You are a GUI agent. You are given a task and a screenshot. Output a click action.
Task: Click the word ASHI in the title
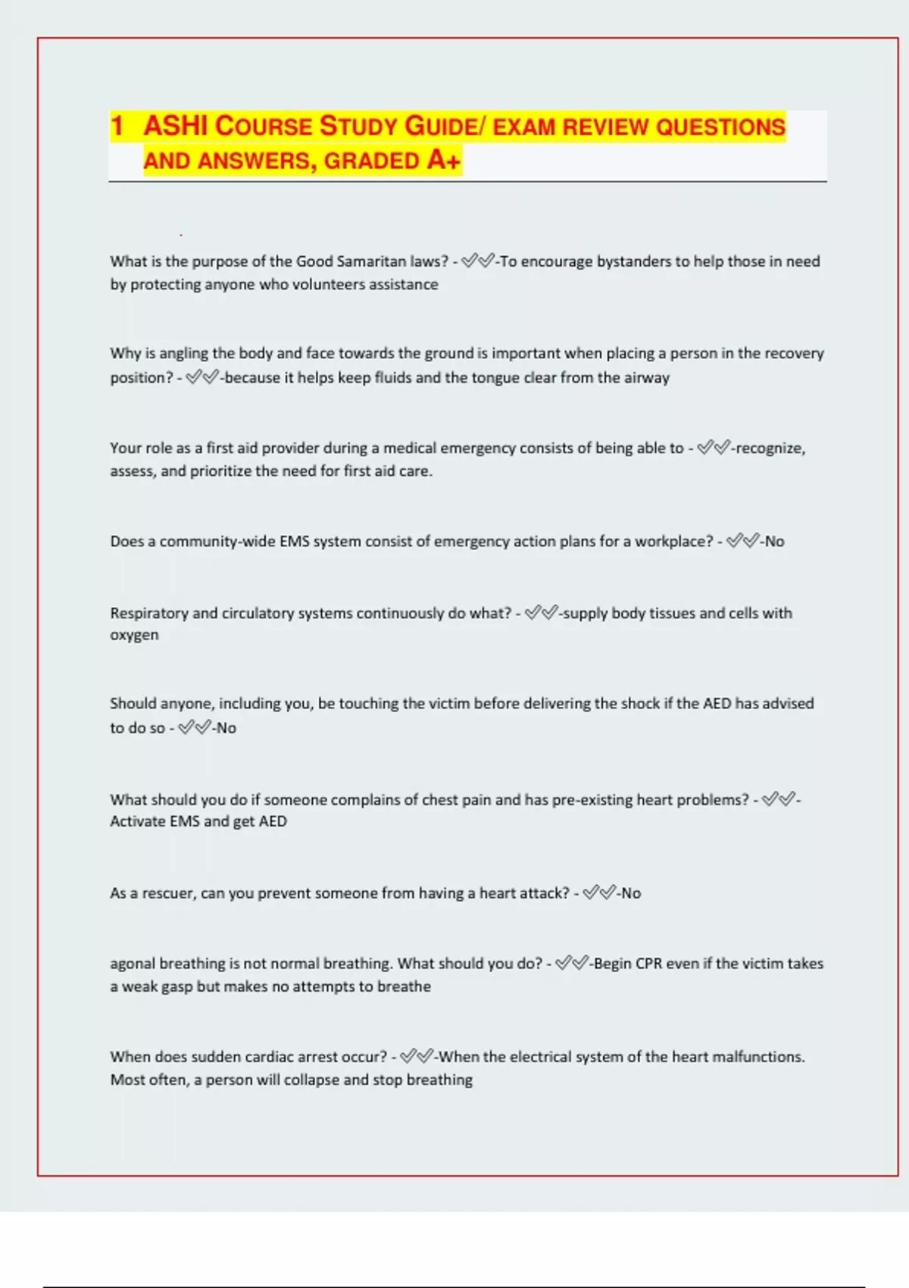[176, 126]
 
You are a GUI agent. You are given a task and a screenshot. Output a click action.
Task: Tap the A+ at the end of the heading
[444, 160]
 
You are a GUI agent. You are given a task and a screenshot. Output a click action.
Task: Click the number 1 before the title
[117, 126]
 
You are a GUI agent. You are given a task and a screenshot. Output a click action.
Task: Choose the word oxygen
[134, 636]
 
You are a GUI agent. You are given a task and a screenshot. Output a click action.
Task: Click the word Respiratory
[148, 613]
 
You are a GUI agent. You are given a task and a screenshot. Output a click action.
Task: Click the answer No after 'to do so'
[226, 728]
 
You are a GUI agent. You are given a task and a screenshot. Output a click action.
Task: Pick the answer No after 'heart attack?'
[631, 893]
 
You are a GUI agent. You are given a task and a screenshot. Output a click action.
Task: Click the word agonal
[133, 964]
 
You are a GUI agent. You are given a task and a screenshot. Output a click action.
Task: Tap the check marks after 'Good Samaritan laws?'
[478, 261]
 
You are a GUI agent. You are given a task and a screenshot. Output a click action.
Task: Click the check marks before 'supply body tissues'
[541, 612]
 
